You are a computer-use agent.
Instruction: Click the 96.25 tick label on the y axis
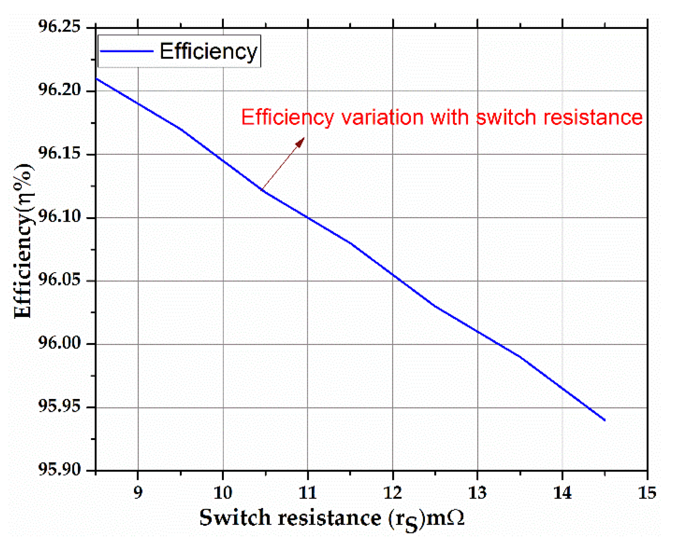[59, 27]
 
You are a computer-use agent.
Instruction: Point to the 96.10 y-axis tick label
[59, 217]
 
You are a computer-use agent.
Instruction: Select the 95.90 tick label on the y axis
[59, 470]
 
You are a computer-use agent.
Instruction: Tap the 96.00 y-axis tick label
[59, 344]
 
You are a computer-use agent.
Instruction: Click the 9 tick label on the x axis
[138, 492]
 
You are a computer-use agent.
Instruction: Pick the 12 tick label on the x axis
[393, 492]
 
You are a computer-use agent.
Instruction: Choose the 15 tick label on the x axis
[647, 492]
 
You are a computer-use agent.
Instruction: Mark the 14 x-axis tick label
[562, 492]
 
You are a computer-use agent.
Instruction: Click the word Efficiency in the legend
[208, 51]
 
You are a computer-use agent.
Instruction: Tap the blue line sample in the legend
[126, 51]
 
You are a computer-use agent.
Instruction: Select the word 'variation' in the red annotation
[381, 117]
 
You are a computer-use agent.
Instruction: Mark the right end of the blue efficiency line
[604, 420]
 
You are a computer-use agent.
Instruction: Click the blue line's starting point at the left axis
[96, 79]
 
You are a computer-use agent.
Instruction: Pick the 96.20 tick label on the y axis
[59, 90]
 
